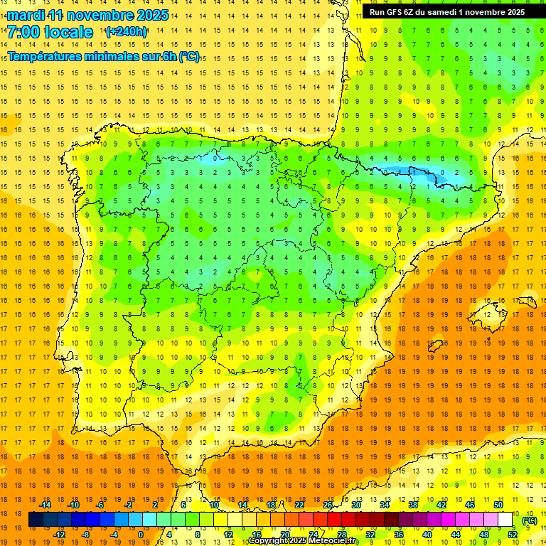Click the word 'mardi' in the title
(28, 15)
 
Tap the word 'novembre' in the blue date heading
(100, 15)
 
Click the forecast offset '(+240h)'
(127, 32)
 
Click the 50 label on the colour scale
(498, 505)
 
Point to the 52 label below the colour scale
(513, 535)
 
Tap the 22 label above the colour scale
(299, 505)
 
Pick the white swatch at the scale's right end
(505, 520)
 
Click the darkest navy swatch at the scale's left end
(36, 520)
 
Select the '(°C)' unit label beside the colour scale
(529, 520)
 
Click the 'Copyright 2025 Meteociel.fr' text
(304, 541)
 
